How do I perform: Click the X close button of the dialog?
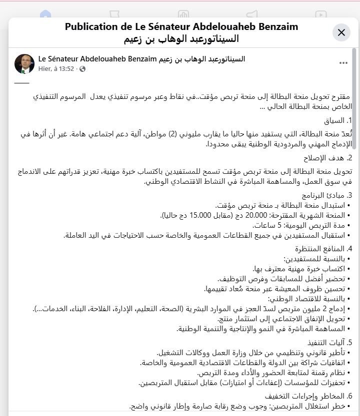point(341,32)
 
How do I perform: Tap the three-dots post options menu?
point(343,63)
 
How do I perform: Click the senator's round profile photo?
point(24,64)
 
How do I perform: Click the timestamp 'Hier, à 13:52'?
point(56,69)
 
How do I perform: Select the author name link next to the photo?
point(142,59)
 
